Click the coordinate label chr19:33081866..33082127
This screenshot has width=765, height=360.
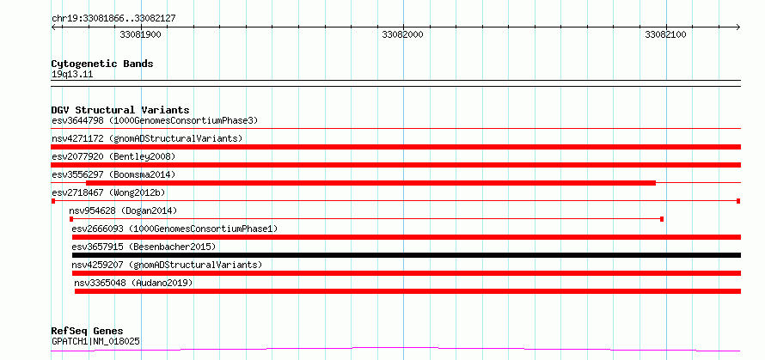coord(113,19)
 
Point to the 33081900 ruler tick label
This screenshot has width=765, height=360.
coord(140,34)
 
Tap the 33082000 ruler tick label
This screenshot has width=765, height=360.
coord(403,34)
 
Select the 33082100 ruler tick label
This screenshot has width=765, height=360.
coord(665,34)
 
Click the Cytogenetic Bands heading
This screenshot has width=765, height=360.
coord(102,64)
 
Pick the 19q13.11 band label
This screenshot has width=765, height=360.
coord(72,75)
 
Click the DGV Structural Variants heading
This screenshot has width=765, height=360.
coord(120,110)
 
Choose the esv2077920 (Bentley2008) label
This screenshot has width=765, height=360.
coord(113,156)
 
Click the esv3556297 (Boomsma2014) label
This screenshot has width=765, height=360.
coord(113,174)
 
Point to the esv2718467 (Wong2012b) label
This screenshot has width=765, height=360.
coord(108,192)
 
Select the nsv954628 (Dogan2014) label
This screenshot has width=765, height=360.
coord(123,211)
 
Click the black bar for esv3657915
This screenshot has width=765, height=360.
coord(407,255)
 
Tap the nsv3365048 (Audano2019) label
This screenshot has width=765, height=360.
coord(133,283)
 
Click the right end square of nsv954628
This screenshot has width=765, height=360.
coord(662,219)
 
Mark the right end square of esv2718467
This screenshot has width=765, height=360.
coord(738,201)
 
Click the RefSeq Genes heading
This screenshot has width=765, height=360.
coord(88,332)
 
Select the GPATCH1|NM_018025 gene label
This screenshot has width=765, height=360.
coord(95,341)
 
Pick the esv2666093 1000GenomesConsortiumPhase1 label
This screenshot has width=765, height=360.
coord(174,229)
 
